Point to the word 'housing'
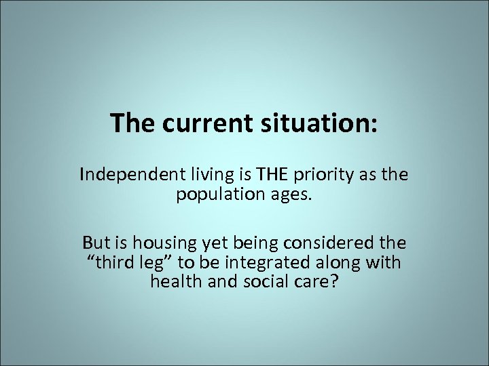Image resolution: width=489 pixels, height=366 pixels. [x=158, y=242]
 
